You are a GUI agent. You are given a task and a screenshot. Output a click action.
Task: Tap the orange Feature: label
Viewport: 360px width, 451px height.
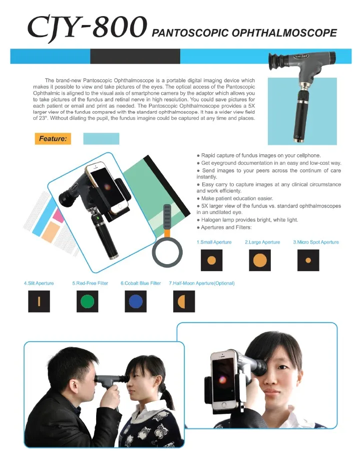[53, 138]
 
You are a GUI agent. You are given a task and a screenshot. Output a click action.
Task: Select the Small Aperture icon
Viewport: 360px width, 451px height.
[211, 260]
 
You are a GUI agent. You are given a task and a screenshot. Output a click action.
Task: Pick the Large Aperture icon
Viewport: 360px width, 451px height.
[259, 260]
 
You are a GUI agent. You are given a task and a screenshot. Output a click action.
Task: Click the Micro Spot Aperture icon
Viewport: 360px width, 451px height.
[308, 260]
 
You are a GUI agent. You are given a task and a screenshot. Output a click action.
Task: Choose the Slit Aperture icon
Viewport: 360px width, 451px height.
[39, 301]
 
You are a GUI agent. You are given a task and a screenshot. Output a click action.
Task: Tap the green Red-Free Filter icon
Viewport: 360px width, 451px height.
[87, 301]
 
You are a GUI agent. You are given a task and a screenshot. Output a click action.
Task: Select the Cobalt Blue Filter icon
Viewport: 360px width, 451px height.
[135, 301]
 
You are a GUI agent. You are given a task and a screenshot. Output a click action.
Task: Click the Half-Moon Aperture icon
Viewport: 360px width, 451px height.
[183, 301]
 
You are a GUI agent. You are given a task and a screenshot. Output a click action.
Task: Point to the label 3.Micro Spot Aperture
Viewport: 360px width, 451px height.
[315, 242]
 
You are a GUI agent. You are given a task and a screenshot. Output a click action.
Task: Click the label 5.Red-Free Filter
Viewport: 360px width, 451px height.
[90, 283]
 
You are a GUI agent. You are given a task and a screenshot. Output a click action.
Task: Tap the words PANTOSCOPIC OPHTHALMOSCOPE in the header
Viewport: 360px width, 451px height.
[244, 34]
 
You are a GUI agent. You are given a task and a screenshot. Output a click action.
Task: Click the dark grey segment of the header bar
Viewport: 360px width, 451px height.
[135, 56]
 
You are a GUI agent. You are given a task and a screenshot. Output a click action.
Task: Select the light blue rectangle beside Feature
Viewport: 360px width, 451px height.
[101, 139]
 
